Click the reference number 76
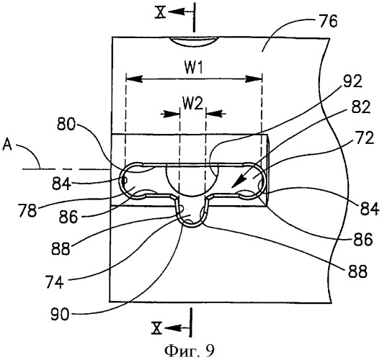tap(327, 21)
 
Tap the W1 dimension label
tap(194, 68)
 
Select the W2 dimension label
tap(193, 104)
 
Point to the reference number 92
tap(352, 82)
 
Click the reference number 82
tap(360, 107)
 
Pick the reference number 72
tap(364, 138)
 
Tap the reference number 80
tap(66, 125)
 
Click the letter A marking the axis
tap(7, 145)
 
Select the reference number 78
tap(28, 211)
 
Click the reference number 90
tap(60, 314)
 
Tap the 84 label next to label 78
tap(61, 184)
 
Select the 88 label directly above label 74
tap(61, 249)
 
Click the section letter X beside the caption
tap(157, 328)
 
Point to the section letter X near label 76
tap(161, 12)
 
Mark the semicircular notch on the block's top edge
tap(193, 42)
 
